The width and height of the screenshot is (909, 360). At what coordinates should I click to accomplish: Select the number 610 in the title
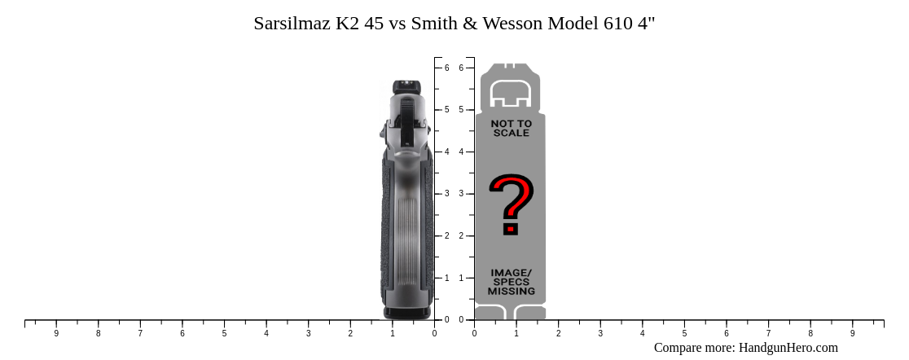[x=617, y=23]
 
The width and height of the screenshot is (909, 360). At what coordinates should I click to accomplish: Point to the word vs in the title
[x=398, y=23]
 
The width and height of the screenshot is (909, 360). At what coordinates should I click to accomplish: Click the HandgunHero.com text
[x=788, y=348]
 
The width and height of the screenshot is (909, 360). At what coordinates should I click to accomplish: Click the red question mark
[x=511, y=204]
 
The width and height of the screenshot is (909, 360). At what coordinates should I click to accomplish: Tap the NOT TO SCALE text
[x=511, y=128]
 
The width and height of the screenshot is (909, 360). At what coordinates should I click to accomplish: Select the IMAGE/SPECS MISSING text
[x=511, y=282]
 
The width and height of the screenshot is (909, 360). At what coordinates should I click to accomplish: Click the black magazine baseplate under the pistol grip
[x=407, y=312]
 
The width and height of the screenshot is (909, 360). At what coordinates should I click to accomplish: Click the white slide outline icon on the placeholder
[x=510, y=94]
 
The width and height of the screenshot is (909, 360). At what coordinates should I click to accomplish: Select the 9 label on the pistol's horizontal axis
[x=56, y=333]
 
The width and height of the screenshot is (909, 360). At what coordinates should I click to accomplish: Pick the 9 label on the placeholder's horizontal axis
[x=852, y=333]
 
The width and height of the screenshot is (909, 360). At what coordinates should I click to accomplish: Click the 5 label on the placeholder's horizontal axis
[x=684, y=333]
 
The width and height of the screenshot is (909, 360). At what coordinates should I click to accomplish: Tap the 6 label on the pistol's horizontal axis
[x=182, y=333]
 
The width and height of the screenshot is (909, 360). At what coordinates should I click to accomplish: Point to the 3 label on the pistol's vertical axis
[x=446, y=194]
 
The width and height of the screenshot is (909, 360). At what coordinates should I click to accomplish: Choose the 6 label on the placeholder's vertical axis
[x=461, y=68]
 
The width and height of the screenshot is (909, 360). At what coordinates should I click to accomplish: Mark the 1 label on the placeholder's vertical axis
[x=461, y=278]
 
